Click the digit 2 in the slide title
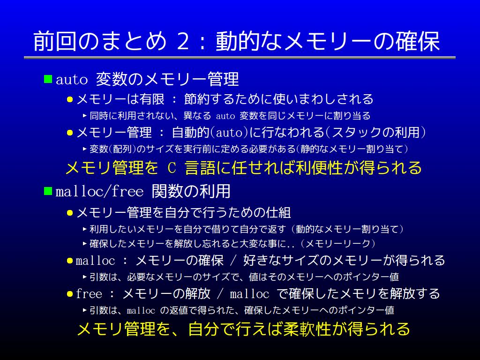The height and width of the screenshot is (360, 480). [x=183, y=41]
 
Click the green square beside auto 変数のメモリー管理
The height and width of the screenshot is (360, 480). [x=48, y=79]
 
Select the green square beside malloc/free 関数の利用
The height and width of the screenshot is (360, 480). [x=48, y=191]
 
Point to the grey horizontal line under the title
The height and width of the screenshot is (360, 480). [x=240, y=58]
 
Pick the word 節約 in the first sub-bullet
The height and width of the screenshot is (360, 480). [x=196, y=99]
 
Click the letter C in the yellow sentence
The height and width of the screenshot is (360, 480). [x=172, y=168]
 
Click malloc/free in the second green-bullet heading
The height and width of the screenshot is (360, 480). [x=99, y=191]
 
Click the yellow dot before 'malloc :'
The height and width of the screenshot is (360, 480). [x=70, y=261]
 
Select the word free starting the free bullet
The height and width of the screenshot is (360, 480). [x=89, y=293]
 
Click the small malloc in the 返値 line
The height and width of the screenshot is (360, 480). [x=141, y=310]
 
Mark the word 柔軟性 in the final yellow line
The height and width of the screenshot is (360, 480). [x=307, y=329]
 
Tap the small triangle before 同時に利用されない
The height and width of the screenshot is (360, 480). [x=85, y=116]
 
